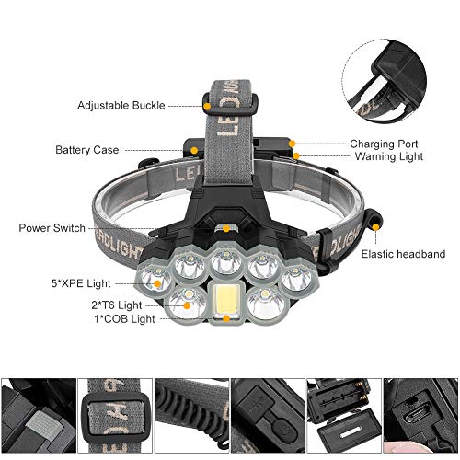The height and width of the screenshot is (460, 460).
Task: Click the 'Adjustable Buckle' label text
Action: pyautogui.click(x=121, y=106)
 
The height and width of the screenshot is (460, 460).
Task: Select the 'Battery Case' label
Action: pyautogui.click(x=87, y=150)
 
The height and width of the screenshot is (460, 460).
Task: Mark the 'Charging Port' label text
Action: pyautogui.click(x=384, y=144)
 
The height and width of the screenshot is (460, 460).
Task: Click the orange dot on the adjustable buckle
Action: pyautogui.click(x=208, y=106)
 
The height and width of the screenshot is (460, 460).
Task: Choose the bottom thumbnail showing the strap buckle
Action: pyautogui.click(x=114, y=410)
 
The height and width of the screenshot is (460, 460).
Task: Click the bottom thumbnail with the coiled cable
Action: pyautogui.click(x=190, y=410)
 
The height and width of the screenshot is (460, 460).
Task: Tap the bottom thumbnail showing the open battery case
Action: pyautogui.click(x=343, y=410)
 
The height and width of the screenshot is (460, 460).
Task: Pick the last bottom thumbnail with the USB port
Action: pyautogui.click(x=420, y=410)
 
